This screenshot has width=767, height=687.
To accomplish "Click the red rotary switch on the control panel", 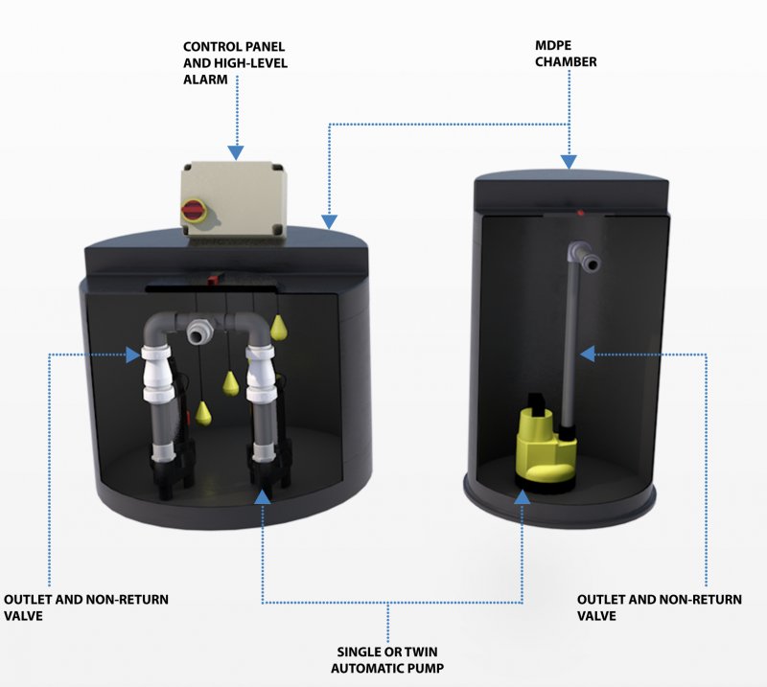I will point(195,209).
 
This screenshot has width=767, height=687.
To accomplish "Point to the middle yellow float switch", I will point(231,383).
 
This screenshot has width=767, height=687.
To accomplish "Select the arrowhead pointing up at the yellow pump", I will point(523,495).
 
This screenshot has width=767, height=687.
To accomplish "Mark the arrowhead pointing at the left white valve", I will point(133,355).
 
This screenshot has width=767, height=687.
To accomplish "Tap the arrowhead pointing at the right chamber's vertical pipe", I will point(587,355).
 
